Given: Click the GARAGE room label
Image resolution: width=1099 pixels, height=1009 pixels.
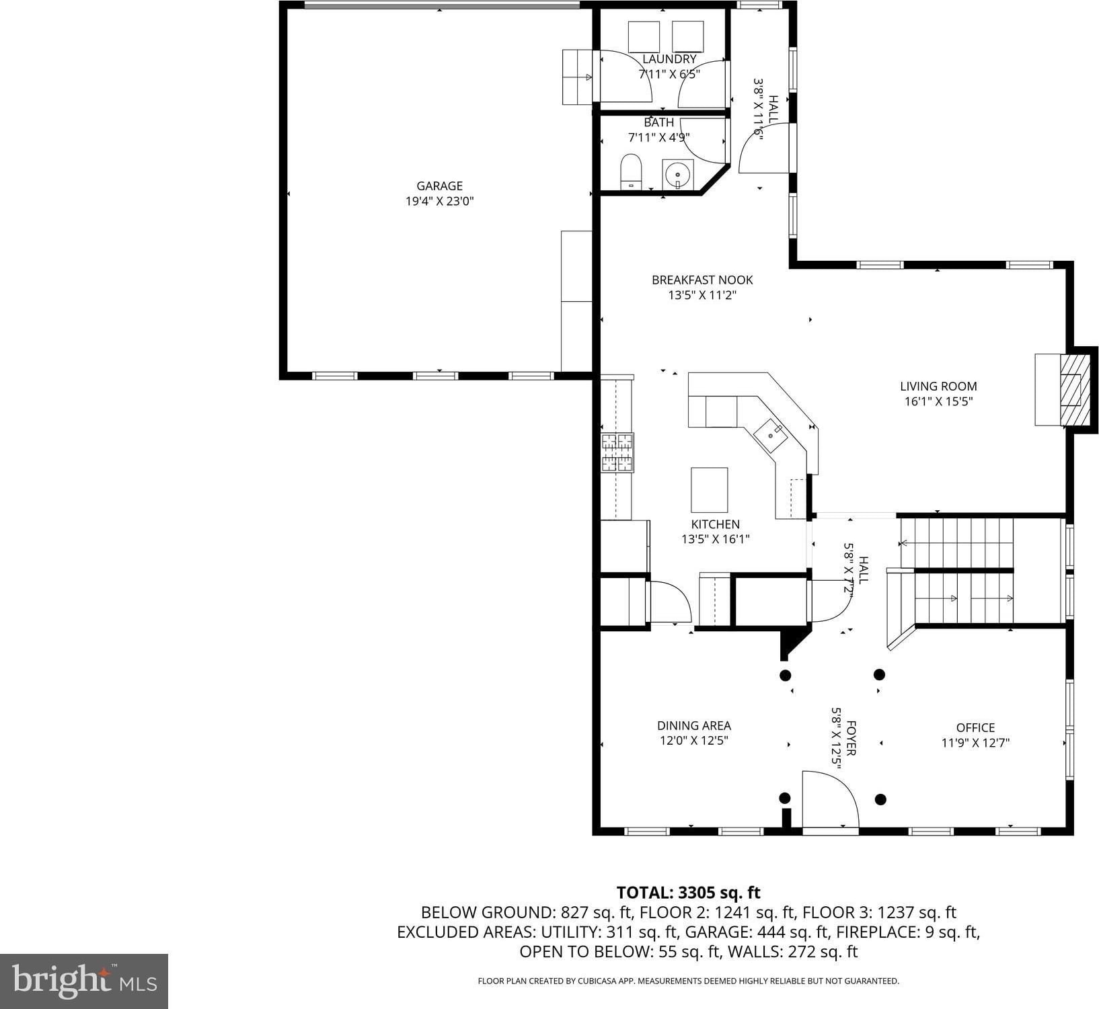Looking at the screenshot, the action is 439,186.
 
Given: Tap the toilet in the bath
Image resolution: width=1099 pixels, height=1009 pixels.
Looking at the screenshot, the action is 631,171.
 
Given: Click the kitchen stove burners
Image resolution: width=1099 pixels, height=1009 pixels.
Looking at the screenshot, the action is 617,452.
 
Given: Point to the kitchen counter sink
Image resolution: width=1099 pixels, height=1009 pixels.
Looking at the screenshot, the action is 770,436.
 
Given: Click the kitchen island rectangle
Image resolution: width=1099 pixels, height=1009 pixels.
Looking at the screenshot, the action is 709,490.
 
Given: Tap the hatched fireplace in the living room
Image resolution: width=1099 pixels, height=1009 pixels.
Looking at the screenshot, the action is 1071,390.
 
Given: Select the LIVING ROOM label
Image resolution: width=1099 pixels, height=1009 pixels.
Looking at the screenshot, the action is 938,387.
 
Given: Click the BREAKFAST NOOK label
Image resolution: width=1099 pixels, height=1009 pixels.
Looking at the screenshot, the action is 702,280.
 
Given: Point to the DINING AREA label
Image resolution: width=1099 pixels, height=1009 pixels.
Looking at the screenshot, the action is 694,726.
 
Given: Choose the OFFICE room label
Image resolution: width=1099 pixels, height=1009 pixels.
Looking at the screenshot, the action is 975,728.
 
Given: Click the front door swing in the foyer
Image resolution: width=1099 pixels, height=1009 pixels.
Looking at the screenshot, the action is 831,800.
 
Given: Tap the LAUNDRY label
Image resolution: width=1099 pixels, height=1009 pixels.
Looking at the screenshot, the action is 669,59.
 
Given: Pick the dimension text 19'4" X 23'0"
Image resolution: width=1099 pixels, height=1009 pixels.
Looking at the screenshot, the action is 439,201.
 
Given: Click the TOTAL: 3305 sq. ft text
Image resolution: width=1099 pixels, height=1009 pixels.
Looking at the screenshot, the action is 688,893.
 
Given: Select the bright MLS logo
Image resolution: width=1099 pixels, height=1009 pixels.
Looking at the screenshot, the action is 84,981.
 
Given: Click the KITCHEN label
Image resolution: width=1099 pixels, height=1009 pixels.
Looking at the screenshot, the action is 715,524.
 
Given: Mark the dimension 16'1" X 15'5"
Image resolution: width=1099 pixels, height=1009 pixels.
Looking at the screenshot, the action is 938,402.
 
